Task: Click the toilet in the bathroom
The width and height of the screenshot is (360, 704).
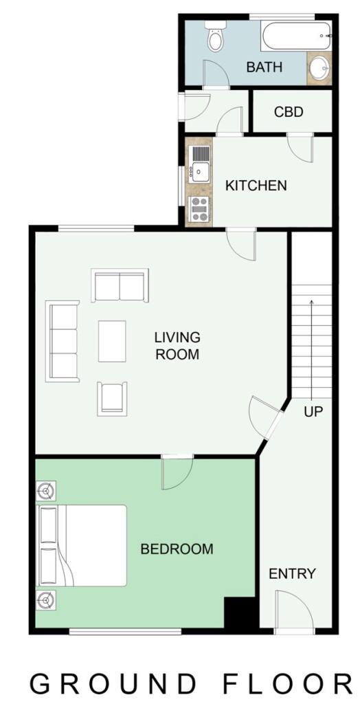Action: coord(216,38)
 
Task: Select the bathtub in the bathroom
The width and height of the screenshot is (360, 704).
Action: coord(295,35)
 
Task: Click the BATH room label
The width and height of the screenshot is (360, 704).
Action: coord(265,67)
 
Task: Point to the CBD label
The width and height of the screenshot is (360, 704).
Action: coord(289,111)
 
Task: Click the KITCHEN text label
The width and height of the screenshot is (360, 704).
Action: coord(256,186)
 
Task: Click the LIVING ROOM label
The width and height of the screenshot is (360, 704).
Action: coord(177,346)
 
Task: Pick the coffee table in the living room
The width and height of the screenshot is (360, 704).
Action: coord(112,340)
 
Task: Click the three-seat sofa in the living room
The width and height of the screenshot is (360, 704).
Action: coord(63,341)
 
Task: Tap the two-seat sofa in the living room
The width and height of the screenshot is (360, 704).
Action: coord(120,285)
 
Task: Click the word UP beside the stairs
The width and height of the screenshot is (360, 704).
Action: coord(313,412)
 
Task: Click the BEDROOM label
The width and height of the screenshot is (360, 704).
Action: coord(177,549)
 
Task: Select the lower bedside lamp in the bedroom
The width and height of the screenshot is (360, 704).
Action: coord(46,601)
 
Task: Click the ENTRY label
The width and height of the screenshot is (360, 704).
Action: coord(292,573)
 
